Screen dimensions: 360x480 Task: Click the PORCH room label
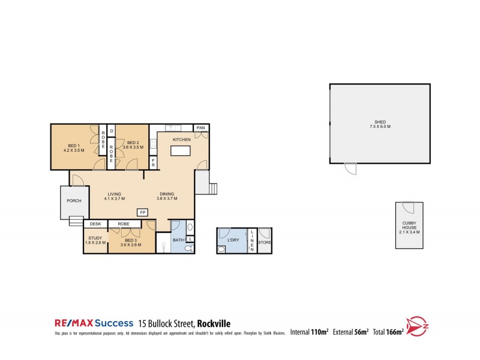[x=74, y=201]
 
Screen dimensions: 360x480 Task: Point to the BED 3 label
[x=131, y=242]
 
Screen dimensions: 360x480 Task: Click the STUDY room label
[x=96, y=242]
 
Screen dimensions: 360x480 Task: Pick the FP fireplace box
[x=142, y=212]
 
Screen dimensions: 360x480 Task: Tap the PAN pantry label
[x=202, y=128]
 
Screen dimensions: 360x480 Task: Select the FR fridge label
[x=154, y=162]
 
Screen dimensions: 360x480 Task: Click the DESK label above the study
[x=95, y=224]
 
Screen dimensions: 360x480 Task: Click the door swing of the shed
[x=349, y=169]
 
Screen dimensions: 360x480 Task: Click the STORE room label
[x=265, y=242]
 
